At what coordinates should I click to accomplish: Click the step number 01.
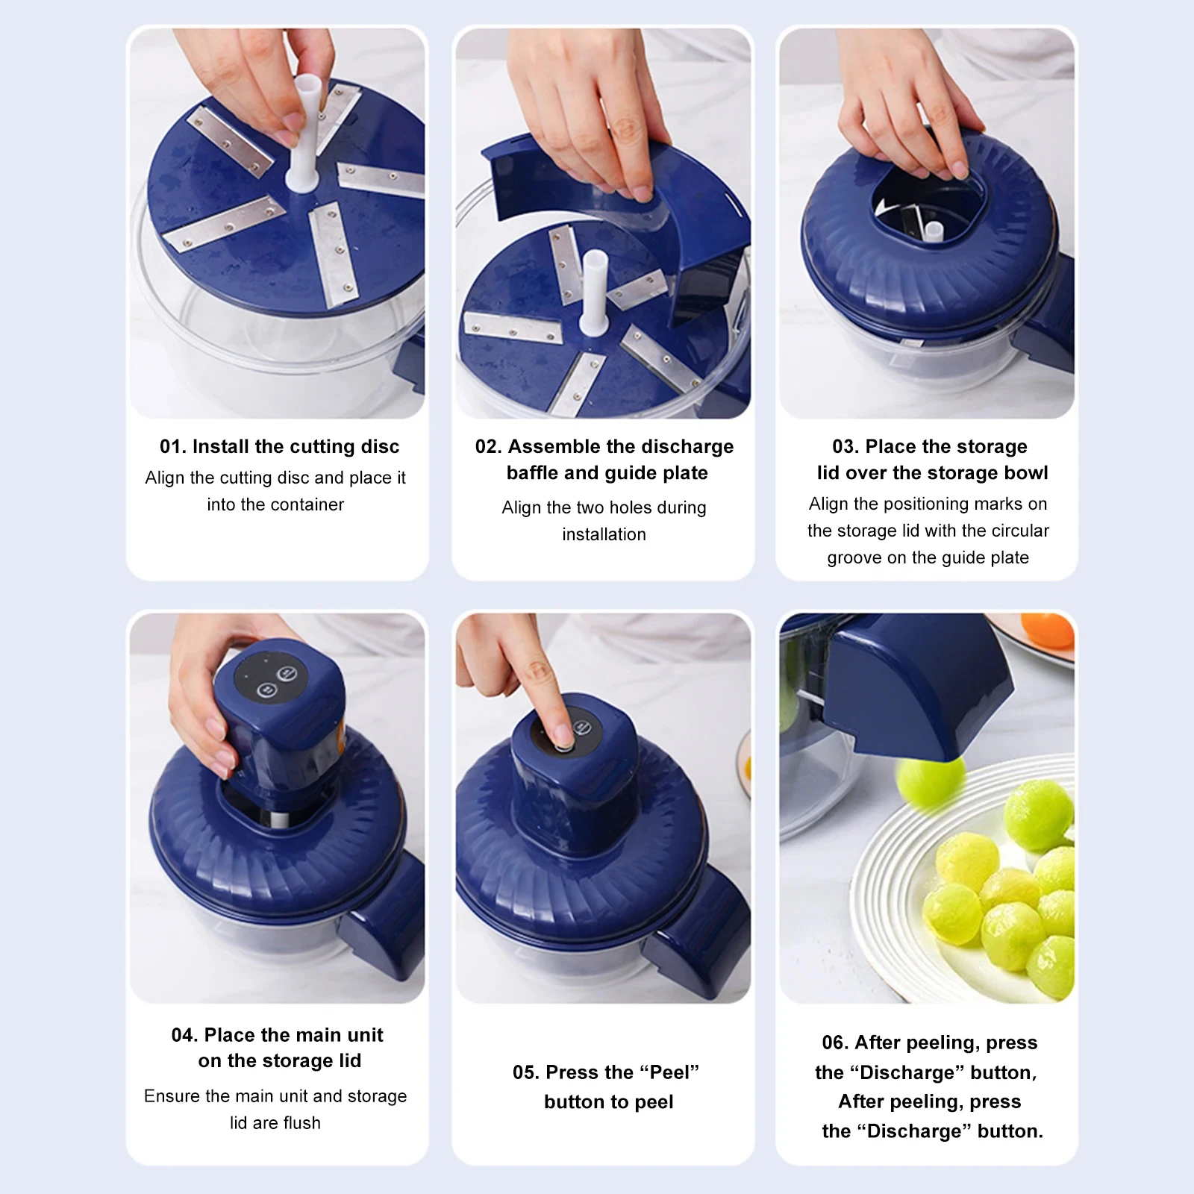(x=172, y=447)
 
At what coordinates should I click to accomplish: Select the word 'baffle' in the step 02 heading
(x=532, y=473)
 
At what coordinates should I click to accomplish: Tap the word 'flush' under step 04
(x=301, y=1123)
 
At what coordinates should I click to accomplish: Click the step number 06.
(x=834, y=1043)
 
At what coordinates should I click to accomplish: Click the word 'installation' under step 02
(x=604, y=535)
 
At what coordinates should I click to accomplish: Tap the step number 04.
(x=184, y=1036)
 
